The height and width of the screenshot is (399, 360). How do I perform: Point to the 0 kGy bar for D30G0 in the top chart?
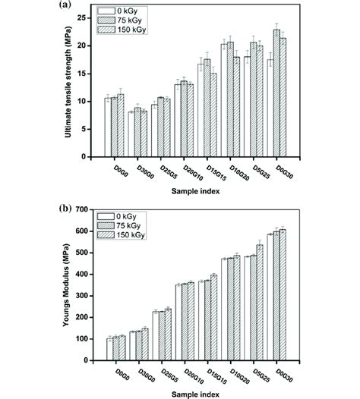click(x=131, y=134)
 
